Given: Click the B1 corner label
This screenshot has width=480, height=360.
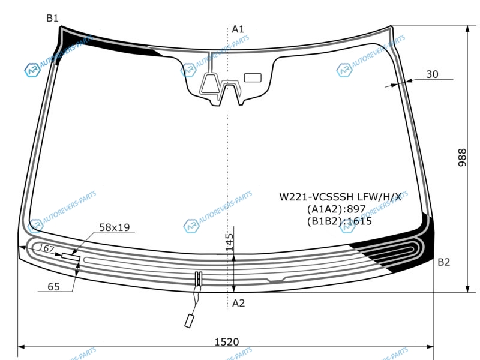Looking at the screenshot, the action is coord(52,19).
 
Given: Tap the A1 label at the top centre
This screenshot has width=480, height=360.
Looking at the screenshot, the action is coord(238,29).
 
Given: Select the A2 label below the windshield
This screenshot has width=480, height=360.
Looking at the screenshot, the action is coord(238,303).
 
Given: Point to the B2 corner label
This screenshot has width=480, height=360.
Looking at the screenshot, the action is coord(444,262).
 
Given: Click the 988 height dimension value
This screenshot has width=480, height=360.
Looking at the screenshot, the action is coord(462,157).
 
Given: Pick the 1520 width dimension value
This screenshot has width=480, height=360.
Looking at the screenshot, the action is coord(227,341).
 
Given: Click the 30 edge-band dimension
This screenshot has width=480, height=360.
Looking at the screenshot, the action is coord(432,74).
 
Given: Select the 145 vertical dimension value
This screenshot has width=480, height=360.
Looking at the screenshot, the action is coord(229,242).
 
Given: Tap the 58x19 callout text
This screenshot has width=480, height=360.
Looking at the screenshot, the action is coord(115,227).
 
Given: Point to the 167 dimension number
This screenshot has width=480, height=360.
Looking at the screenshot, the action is coord(46,248).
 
